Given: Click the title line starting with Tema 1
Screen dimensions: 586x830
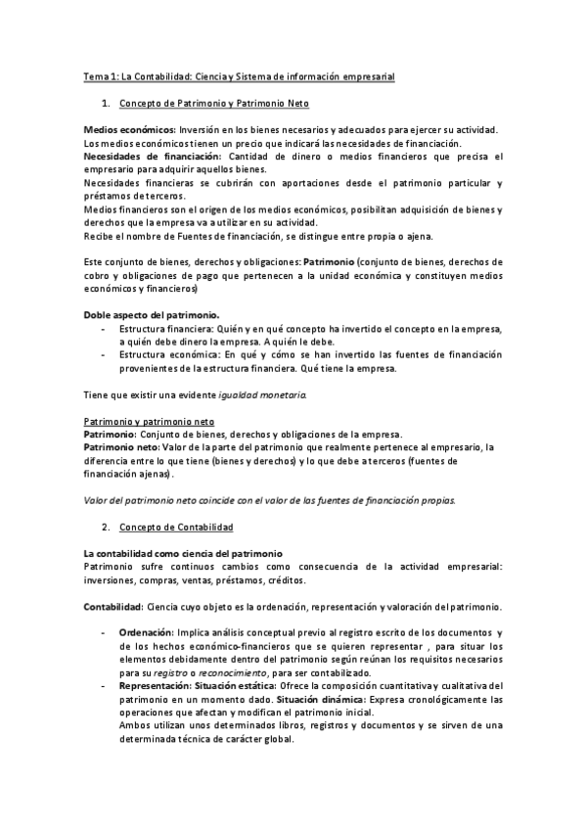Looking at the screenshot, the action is (x=240, y=75).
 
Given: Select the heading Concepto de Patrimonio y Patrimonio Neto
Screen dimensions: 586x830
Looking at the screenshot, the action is (x=213, y=103).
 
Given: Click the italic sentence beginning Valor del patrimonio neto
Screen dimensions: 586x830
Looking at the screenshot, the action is (x=269, y=499).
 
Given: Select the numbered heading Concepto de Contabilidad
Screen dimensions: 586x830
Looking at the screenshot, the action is (x=176, y=527).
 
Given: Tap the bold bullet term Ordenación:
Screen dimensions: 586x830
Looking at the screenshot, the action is (x=150, y=633).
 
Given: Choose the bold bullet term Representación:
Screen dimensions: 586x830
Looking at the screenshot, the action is (x=158, y=686).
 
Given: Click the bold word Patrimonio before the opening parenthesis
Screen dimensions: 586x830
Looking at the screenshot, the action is (x=331, y=262).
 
